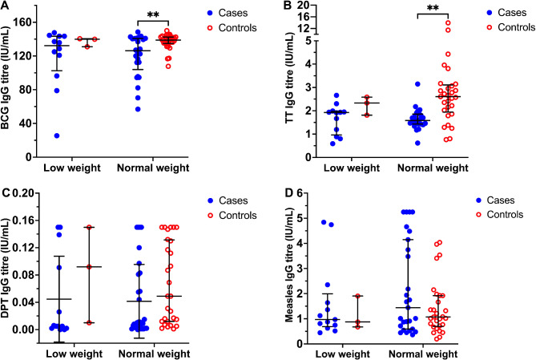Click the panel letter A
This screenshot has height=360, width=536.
(6, 6)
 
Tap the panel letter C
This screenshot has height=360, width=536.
(6, 192)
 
